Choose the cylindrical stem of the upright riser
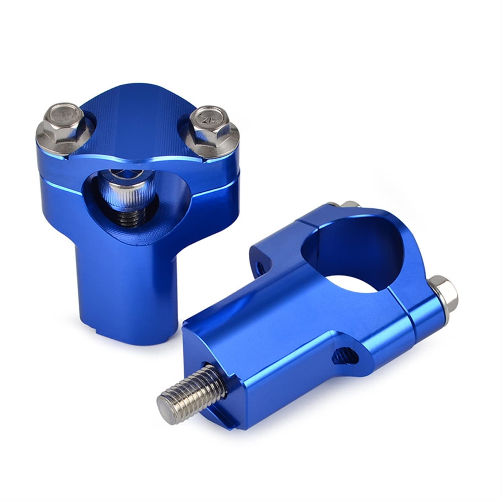click(125, 282)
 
